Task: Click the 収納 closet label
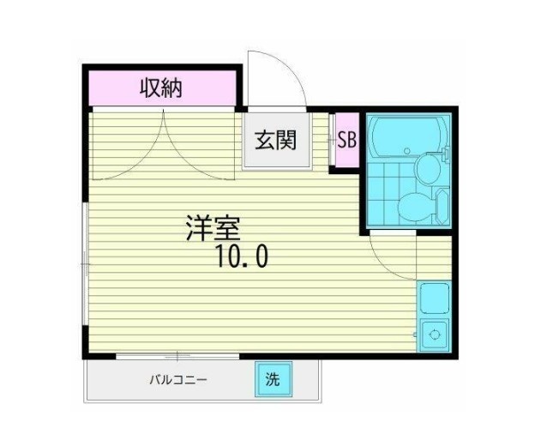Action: pyautogui.click(x=161, y=87)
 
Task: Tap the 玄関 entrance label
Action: pyautogui.click(x=274, y=141)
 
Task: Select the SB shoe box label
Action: pyautogui.click(x=346, y=141)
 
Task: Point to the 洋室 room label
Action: pyautogui.click(x=213, y=227)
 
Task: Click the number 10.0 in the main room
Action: pyautogui.click(x=242, y=255)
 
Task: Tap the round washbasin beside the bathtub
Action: pyautogui.click(x=426, y=171)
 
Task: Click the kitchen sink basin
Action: pyautogui.click(x=434, y=300)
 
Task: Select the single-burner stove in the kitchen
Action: pyautogui.click(x=434, y=334)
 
